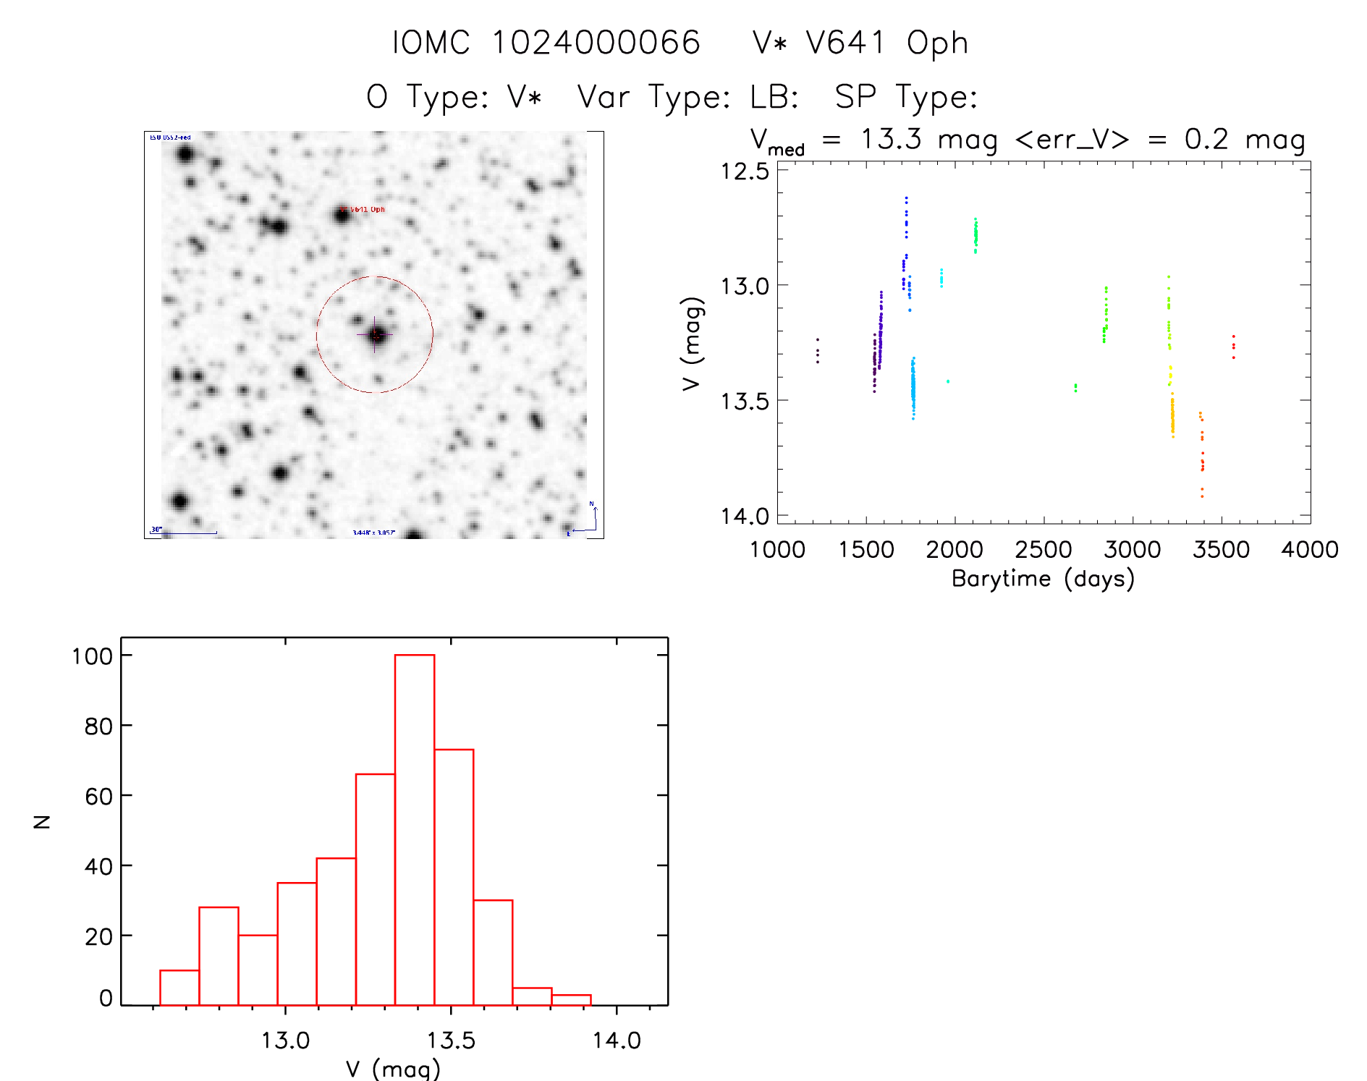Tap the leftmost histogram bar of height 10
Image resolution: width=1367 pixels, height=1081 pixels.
click(x=179, y=987)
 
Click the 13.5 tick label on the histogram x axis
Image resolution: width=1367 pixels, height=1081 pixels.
click(x=451, y=1040)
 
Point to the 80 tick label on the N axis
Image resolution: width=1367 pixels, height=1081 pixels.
click(x=98, y=726)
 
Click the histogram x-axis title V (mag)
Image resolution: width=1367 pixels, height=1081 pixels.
click(x=393, y=1069)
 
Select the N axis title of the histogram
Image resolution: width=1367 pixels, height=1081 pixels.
click(x=42, y=821)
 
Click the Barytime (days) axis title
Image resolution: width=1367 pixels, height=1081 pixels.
click(x=1043, y=579)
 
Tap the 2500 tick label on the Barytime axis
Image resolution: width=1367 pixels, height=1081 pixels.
click(x=1043, y=550)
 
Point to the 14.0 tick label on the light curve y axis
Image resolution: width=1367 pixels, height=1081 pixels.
click(x=745, y=516)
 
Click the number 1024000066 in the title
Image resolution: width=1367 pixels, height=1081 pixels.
click(x=596, y=43)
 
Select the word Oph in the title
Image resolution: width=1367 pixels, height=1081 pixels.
click(x=937, y=43)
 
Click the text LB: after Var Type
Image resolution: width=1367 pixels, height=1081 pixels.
click(x=774, y=96)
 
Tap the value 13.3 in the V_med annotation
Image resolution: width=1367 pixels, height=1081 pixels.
click(x=891, y=139)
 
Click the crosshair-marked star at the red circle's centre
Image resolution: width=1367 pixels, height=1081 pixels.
click(x=376, y=334)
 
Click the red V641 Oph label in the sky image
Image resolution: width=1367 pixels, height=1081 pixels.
click(x=368, y=210)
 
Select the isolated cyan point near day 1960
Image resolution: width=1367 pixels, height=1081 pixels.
click(x=948, y=381)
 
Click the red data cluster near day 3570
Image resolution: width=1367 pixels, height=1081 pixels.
click(x=1233, y=347)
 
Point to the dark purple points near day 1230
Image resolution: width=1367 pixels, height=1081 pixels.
click(x=818, y=351)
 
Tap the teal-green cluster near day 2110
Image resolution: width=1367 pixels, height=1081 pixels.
click(x=975, y=234)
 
